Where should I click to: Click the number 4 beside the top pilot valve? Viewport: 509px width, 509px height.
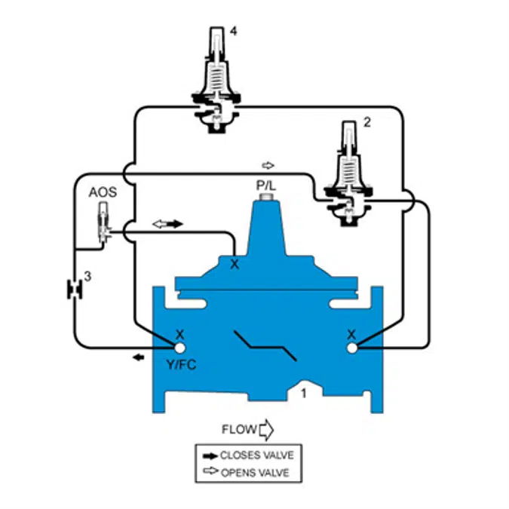[234, 32]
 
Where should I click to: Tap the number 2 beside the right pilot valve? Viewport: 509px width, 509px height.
[366, 122]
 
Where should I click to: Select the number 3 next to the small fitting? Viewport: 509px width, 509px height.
[87, 277]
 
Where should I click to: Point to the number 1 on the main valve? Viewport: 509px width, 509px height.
[304, 394]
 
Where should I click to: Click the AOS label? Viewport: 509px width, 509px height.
[103, 192]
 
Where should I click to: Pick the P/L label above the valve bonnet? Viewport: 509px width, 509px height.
[266, 186]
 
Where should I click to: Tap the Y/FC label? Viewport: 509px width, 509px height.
[182, 365]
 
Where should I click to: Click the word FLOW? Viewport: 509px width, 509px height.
[239, 430]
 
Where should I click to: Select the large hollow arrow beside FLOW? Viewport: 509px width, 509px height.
[266, 430]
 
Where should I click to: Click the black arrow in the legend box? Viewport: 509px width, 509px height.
[210, 456]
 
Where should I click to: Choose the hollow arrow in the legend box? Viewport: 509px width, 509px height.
[210, 471]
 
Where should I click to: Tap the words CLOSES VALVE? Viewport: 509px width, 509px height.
[257, 455]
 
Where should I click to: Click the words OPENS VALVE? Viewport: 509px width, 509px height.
[255, 473]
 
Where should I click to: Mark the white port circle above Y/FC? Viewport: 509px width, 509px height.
[179, 348]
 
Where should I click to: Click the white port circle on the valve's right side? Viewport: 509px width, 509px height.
[352, 348]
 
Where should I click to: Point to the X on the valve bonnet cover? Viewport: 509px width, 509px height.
[235, 264]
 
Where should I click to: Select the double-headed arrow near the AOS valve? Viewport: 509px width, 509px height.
[168, 224]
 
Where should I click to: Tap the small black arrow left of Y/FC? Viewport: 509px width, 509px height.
[138, 357]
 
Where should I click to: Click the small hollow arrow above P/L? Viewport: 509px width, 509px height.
[268, 166]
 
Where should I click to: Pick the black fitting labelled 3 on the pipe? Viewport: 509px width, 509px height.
[75, 290]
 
